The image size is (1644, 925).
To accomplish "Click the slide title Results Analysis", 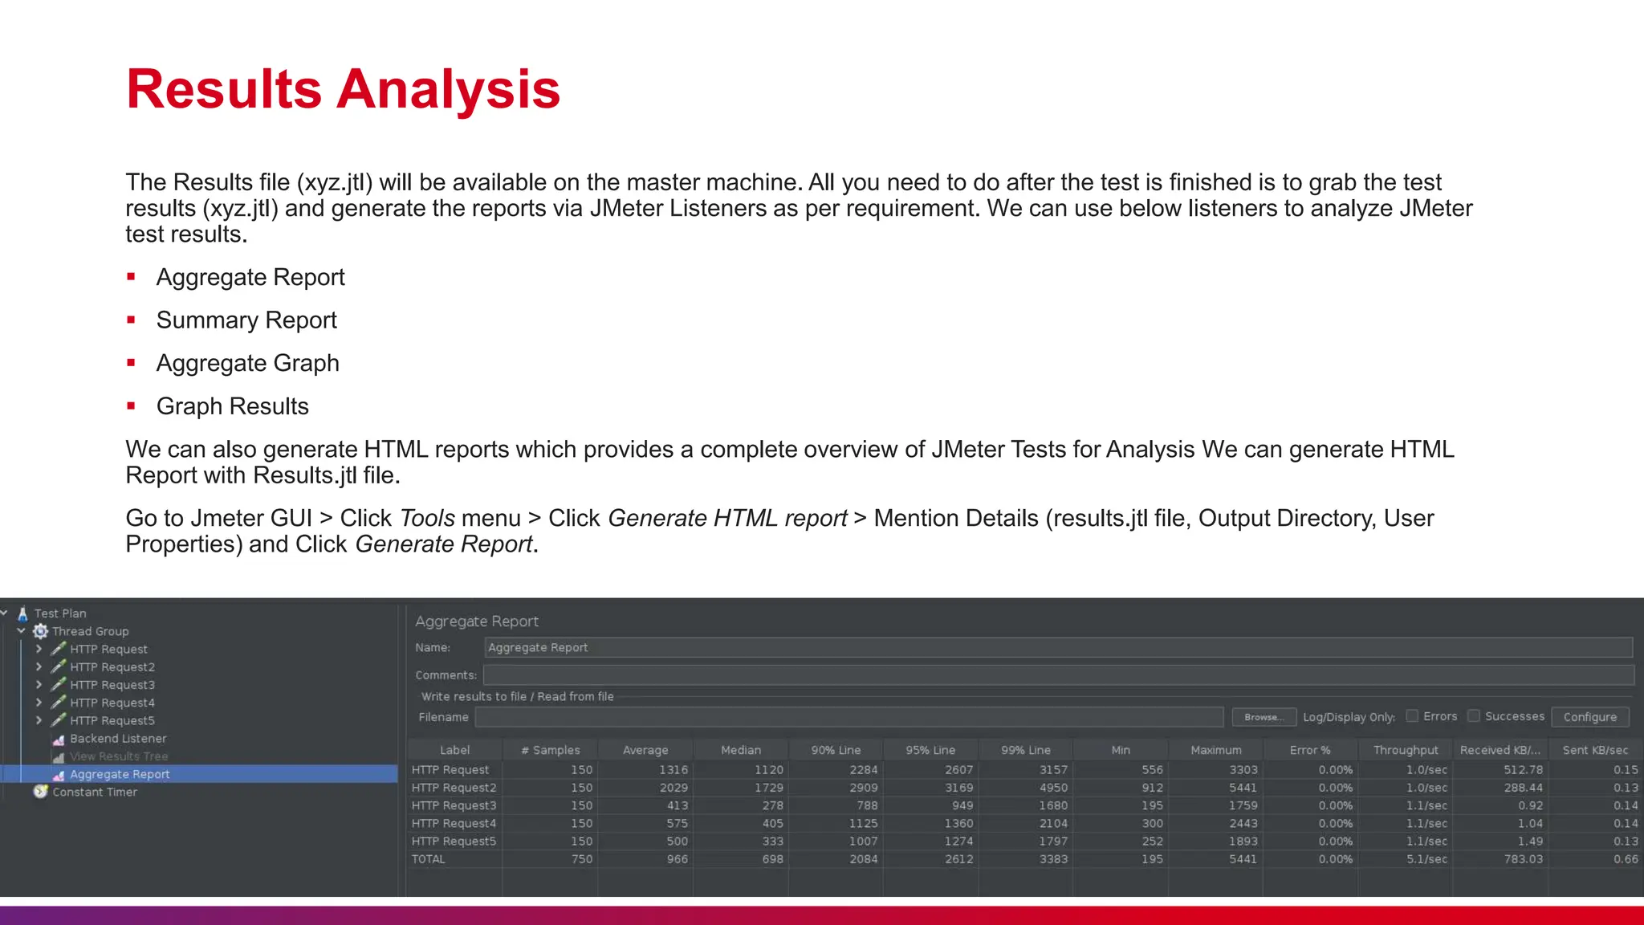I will pyautogui.click(x=343, y=89).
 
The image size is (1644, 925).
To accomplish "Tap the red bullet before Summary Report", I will pyautogui.click(x=131, y=320).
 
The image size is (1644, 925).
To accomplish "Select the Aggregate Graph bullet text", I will pyautogui.click(x=247, y=363).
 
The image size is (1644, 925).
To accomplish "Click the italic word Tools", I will pyautogui.click(x=427, y=518).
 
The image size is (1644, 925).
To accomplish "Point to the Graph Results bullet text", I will pyautogui.click(x=232, y=406).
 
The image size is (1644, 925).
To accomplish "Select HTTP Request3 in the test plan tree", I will pyautogui.click(x=112, y=685).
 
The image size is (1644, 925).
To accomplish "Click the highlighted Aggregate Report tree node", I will pyautogui.click(x=119, y=774).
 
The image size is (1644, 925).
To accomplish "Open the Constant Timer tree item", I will pyautogui.click(x=94, y=792).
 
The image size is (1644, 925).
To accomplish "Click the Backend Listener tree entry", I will pyautogui.click(x=117, y=739).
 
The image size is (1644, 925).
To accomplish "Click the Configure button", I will pyautogui.click(x=1589, y=717).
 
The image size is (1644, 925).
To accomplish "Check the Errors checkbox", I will pyautogui.click(x=1412, y=715).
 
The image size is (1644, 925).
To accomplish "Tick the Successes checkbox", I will pyautogui.click(x=1474, y=715).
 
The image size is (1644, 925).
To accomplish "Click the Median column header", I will pyautogui.click(x=740, y=750).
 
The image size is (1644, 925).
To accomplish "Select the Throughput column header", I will pyautogui.click(x=1405, y=750).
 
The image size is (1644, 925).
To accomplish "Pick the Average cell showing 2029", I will pyautogui.click(x=673, y=788).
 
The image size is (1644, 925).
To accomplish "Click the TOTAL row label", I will pyautogui.click(x=429, y=859).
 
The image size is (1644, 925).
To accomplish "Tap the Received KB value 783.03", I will pyautogui.click(x=1523, y=859).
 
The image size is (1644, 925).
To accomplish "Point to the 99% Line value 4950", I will pyautogui.click(x=1053, y=788).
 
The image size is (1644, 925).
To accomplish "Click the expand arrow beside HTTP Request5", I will pyautogui.click(x=39, y=720).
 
